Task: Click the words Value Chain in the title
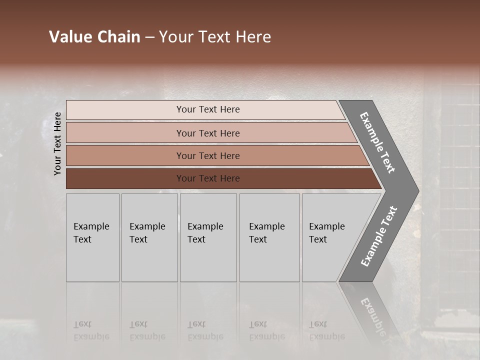coord(94,37)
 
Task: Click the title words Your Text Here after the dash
coord(215,37)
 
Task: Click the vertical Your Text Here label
coord(57,143)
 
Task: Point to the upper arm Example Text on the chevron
coord(377,142)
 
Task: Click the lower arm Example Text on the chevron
coord(379,236)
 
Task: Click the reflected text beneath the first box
coord(91,330)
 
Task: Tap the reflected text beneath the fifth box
coord(327,330)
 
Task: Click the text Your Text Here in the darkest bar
coord(208,178)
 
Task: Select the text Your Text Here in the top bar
coord(208,109)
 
